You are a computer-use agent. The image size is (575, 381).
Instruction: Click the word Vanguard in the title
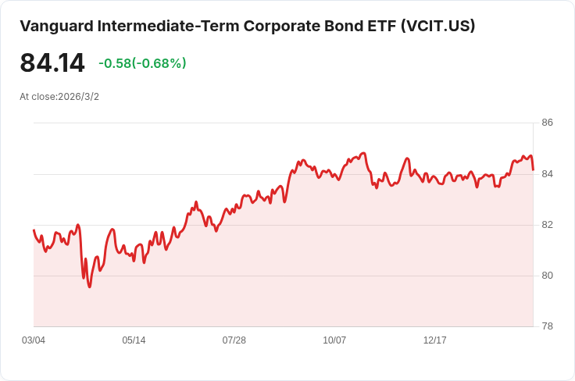(x=56, y=27)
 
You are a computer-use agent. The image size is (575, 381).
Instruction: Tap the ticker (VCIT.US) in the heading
(x=437, y=27)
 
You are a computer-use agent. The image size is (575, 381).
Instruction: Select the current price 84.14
(x=52, y=63)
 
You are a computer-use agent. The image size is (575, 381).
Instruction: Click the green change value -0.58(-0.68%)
(x=142, y=63)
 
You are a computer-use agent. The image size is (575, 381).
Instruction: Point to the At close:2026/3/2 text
(x=59, y=97)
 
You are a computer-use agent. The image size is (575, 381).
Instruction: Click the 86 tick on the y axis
(x=547, y=123)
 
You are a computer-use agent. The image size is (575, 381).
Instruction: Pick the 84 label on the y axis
(x=547, y=173)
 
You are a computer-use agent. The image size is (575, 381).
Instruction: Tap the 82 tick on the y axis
(x=547, y=225)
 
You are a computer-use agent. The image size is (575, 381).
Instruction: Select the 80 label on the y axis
(x=547, y=275)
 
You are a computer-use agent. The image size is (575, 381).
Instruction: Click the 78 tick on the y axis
(x=547, y=326)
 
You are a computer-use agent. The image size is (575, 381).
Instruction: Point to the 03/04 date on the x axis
(x=34, y=340)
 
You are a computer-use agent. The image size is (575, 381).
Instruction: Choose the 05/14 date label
(x=134, y=340)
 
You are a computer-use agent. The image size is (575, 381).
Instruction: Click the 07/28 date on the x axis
(x=234, y=340)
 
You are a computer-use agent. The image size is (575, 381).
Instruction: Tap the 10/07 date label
(x=334, y=340)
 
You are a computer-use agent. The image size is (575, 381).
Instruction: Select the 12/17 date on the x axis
(x=435, y=340)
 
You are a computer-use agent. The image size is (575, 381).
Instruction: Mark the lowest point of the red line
(x=90, y=287)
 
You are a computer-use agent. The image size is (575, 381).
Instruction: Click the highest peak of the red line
(x=363, y=153)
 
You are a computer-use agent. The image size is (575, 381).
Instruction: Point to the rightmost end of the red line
(x=533, y=169)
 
